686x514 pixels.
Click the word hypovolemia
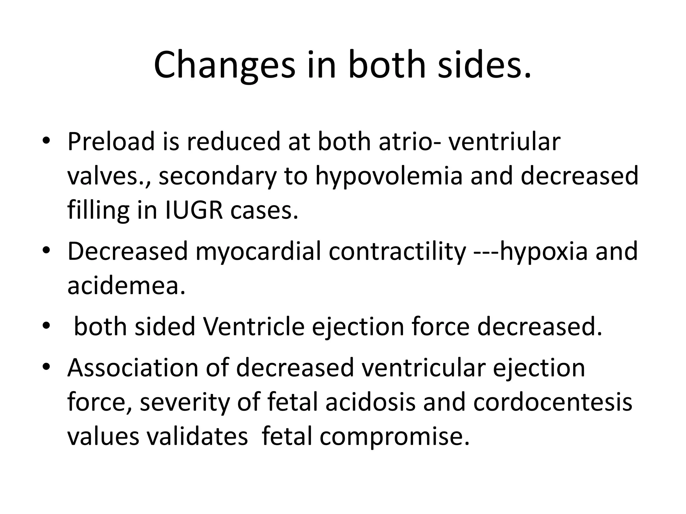[389, 176]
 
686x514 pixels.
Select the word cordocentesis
[553, 402]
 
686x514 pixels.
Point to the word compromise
[394, 436]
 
